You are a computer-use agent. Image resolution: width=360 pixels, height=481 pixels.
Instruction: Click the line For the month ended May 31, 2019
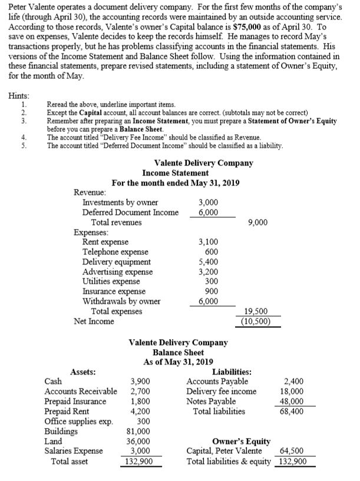[x=175, y=183]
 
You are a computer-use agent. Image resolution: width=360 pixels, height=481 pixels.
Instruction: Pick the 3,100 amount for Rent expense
[x=210, y=241]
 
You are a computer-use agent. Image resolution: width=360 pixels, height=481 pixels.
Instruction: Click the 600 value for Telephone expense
[x=213, y=251]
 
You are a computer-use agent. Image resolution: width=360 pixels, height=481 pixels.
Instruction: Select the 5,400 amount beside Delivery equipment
[x=210, y=261]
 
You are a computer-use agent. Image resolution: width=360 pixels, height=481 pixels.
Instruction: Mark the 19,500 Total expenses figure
[x=256, y=311]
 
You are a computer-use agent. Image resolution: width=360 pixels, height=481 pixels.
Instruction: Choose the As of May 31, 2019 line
[x=179, y=361]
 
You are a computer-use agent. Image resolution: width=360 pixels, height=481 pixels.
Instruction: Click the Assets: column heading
[x=84, y=371]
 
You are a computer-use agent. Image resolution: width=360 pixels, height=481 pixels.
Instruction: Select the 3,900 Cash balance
[x=141, y=381]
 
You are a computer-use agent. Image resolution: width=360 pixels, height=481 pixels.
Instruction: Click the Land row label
[x=54, y=441]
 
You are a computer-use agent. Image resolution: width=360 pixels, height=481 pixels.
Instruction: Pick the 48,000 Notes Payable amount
[x=293, y=401]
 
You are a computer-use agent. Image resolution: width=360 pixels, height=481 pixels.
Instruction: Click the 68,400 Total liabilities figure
[x=293, y=411]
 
